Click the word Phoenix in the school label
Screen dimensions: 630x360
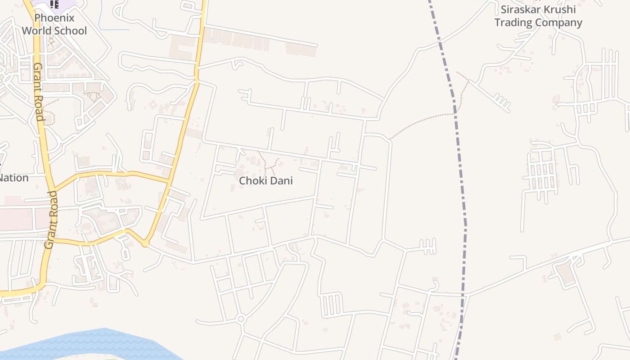point(54,18)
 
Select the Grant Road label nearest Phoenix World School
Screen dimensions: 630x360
point(38,92)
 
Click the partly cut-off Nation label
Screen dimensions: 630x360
point(13,178)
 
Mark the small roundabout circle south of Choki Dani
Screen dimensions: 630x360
point(241,319)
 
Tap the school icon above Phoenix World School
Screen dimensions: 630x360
point(54,4)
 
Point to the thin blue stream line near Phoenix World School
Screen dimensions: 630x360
point(112,29)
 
